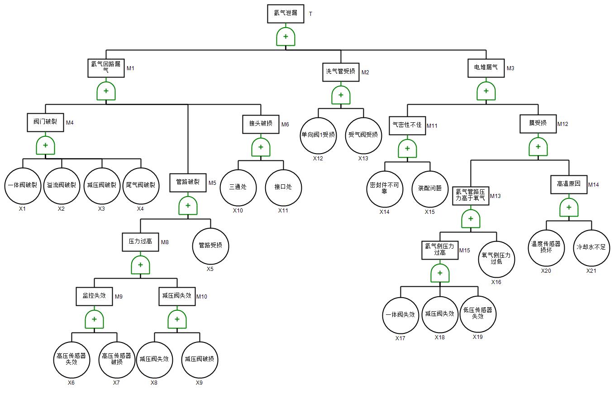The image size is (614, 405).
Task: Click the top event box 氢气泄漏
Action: click(x=286, y=14)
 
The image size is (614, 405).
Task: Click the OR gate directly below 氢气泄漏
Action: click(x=286, y=37)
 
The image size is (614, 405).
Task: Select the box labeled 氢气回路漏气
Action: click(x=106, y=67)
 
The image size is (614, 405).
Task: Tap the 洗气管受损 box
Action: click(x=341, y=72)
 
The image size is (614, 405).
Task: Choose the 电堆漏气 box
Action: click(x=486, y=68)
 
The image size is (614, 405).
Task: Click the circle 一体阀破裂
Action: click(x=23, y=186)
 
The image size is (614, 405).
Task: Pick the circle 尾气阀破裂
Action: click(x=140, y=186)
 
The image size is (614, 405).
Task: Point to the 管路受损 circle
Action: click(x=210, y=246)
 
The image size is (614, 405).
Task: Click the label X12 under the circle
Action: click(x=318, y=159)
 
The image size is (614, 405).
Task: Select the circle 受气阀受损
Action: click(x=363, y=135)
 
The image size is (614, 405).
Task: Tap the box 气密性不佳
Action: click(x=407, y=125)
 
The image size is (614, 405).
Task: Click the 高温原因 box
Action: click(x=569, y=184)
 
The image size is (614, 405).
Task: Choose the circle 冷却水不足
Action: click(x=591, y=248)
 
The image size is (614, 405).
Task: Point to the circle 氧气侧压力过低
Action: click(x=496, y=259)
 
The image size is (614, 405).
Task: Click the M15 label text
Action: click(x=465, y=251)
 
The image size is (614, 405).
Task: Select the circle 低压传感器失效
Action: click(x=478, y=313)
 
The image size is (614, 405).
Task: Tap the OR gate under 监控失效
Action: click(x=94, y=319)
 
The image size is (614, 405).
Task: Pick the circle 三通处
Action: click(x=238, y=187)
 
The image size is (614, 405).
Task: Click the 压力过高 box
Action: click(x=140, y=242)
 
